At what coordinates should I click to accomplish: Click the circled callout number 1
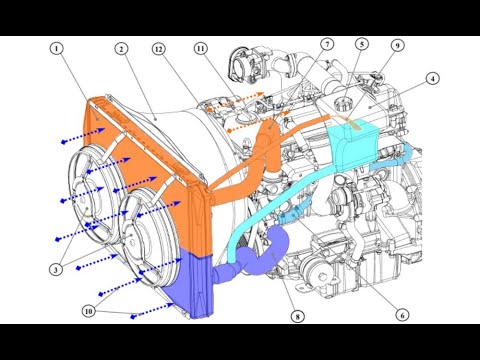[57, 49]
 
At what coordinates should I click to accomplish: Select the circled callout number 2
[121, 49]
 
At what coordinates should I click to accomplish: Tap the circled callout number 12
[159, 49]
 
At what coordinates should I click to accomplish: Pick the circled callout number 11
[200, 49]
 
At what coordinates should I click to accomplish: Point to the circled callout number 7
[327, 44]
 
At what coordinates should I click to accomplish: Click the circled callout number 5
[362, 44]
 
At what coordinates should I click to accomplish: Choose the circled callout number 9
[397, 45]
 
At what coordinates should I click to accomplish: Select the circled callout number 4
[433, 79]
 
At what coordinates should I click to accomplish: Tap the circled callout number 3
[56, 269]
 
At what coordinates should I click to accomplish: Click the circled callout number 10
[88, 311]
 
